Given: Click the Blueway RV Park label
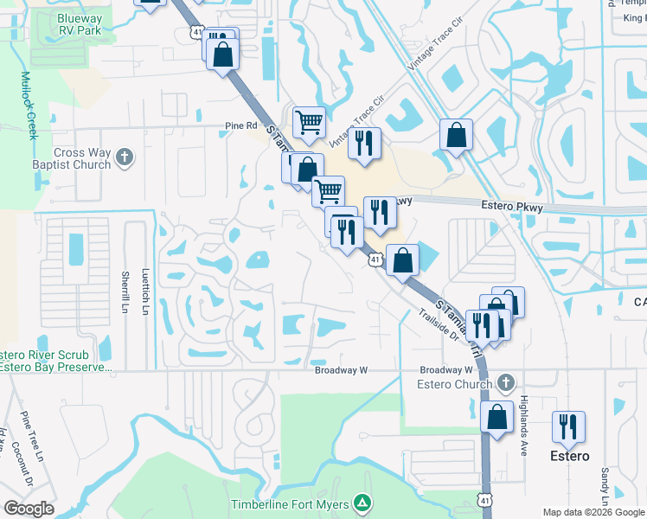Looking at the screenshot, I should [x=80, y=23].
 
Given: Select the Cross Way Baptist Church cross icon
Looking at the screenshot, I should [x=125, y=157].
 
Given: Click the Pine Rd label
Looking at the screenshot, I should [x=241, y=125].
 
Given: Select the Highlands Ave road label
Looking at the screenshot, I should [x=523, y=418].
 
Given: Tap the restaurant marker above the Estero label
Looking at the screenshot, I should [x=568, y=426].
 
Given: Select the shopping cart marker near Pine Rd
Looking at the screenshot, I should [x=309, y=122].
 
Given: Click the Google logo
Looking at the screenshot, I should [x=28, y=509].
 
